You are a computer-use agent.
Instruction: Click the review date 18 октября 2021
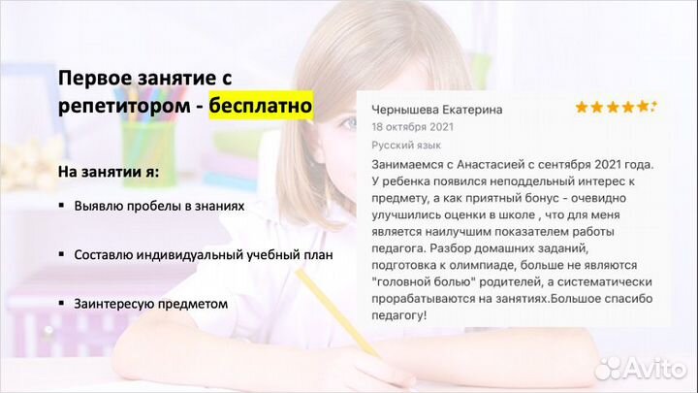pyautogui.click(x=412, y=126)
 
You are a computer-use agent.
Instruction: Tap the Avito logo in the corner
pyautogui.click(x=641, y=367)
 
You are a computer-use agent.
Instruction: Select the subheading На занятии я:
pyautogui.click(x=109, y=172)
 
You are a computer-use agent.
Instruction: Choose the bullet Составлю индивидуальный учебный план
pyautogui.click(x=203, y=255)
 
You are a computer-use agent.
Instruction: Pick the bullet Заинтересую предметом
pyautogui.click(x=150, y=304)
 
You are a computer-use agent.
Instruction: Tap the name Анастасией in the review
pyautogui.click(x=491, y=164)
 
